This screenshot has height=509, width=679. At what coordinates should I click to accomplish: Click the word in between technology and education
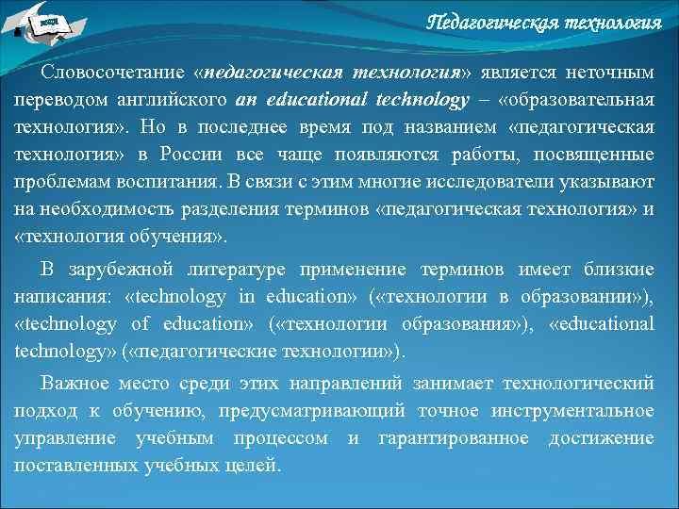click(x=246, y=297)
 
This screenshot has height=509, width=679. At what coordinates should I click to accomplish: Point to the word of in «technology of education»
click(x=140, y=323)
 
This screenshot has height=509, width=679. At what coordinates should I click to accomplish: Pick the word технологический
click(x=578, y=384)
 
